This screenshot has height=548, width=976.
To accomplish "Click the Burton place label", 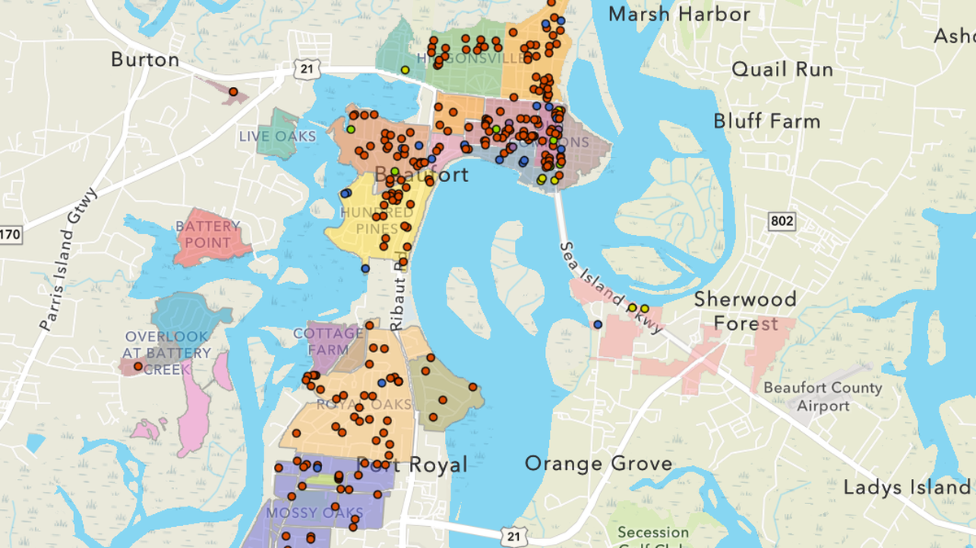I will (x=145, y=59).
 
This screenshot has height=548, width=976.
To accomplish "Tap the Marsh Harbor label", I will (x=679, y=14).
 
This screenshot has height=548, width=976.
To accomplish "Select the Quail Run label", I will (x=782, y=69).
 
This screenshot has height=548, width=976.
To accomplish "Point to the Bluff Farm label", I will (x=767, y=121).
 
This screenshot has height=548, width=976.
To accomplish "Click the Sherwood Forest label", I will (x=745, y=311).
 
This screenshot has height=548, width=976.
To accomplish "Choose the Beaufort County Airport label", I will (x=822, y=396).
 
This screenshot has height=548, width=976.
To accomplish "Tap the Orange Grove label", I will (x=599, y=463).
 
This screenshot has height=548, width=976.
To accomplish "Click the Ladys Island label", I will (x=906, y=488).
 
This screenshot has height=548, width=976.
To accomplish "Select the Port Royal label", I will (x=413, y=464).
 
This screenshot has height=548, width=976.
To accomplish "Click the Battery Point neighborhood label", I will (x=208, y=233).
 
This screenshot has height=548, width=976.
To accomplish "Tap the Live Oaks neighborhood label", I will (x=277, y=136).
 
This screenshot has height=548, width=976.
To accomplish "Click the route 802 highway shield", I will (x=780, y=221).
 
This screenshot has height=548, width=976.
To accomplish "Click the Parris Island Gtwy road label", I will (x=67, y=259).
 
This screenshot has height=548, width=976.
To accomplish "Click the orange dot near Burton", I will (x=233, y=92).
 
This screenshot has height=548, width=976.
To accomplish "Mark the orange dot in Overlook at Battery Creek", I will (x=138, y=367).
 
